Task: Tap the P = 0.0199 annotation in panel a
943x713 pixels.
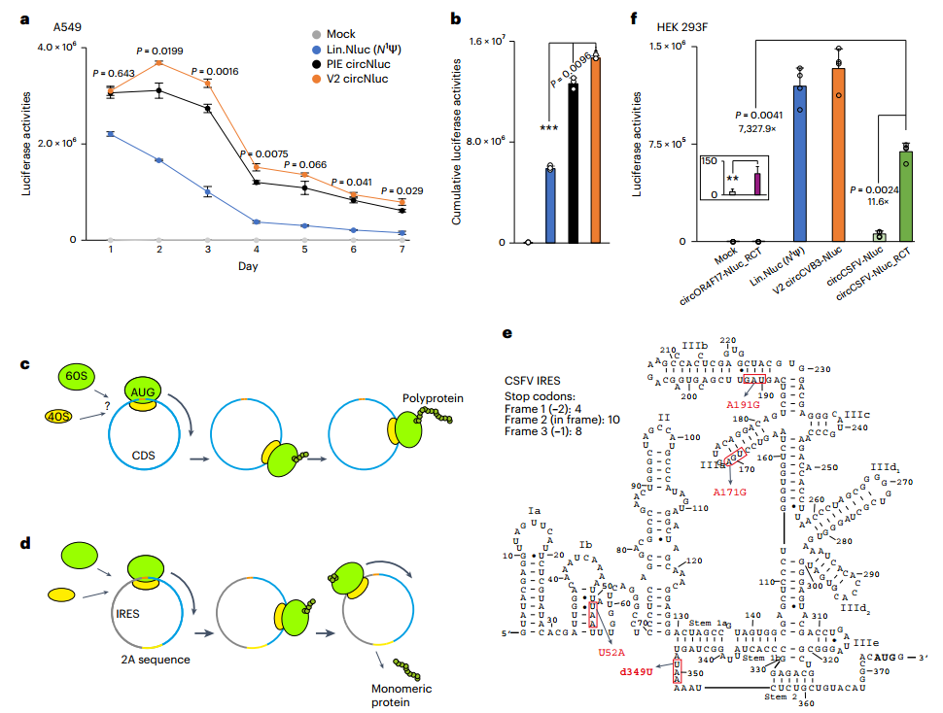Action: tap(157, 51)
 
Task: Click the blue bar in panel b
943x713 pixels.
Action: tap(550, 205)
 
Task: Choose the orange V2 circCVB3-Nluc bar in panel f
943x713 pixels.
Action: tap(837, 154)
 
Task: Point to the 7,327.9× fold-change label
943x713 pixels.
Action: tap(759, 128)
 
